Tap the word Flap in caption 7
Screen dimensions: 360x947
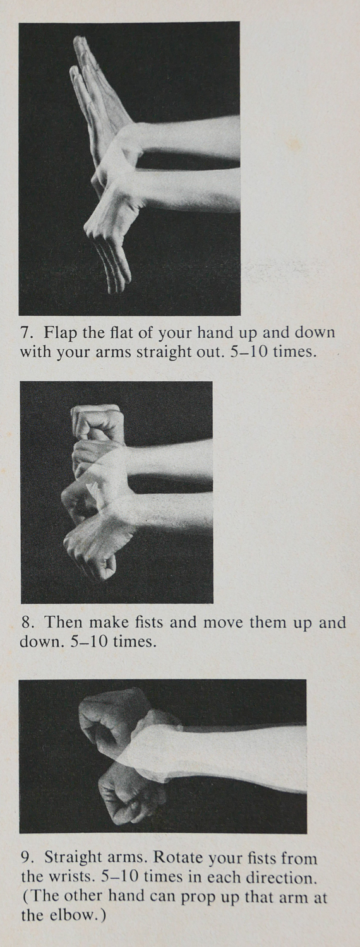[x=61, y=333]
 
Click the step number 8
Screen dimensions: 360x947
[x=28, y=622]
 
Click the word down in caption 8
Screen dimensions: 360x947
[x=40, y=642]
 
